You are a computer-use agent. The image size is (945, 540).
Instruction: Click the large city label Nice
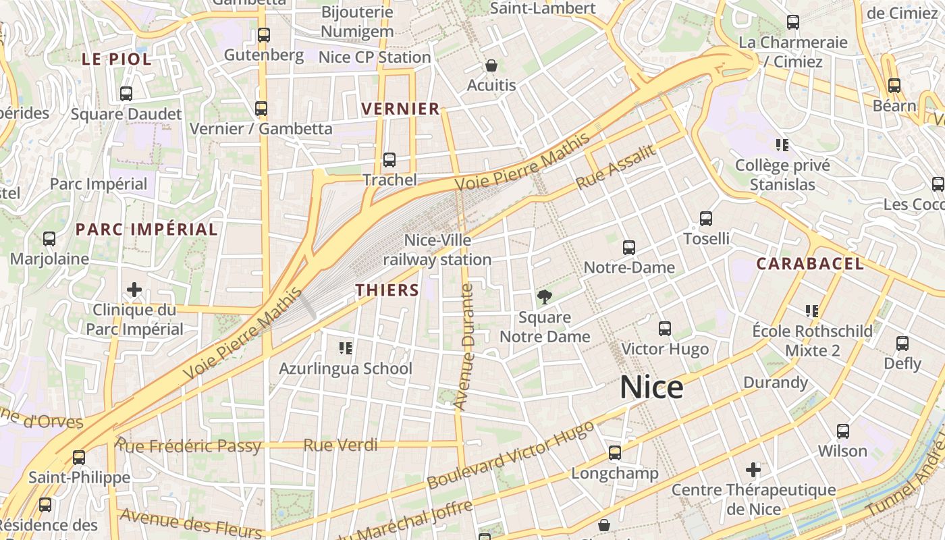(651, 387)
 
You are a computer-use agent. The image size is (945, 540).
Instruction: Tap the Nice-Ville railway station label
(437, 250)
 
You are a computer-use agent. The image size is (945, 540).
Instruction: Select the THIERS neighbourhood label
(387, 290)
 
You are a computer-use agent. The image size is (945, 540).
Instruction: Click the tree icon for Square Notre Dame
(544, 296)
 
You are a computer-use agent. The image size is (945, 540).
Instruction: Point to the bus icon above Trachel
(389, 160)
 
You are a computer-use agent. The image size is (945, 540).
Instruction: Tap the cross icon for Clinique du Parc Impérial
(134, 290)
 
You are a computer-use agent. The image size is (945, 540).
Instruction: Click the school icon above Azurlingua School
(346, 348)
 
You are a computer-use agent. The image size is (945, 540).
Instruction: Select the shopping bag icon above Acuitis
(491, 65)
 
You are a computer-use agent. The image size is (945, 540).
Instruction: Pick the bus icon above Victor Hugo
(665, 329)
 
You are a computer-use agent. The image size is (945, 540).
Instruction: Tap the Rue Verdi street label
(340, 446)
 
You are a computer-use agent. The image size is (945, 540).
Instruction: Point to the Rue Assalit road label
(616, 167)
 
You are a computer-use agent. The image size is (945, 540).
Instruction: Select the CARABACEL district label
(809, 264)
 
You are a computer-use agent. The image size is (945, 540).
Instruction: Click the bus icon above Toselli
(706, 219)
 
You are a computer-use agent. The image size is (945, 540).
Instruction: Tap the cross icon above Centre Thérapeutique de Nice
(753, 470)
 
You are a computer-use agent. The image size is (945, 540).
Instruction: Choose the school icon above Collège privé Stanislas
(782, 144)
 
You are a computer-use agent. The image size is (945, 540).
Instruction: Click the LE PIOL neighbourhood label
(117, 59)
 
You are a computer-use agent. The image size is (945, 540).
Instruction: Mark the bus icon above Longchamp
(615, 453)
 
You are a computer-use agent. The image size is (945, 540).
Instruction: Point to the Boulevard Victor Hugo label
(510, 455)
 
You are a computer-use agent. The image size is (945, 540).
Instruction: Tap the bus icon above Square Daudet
(126, 94)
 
